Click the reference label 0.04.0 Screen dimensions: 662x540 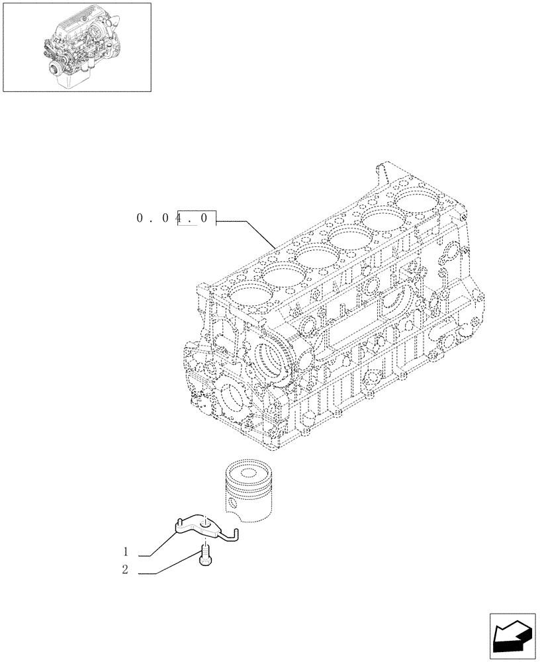click(x=176, y=218)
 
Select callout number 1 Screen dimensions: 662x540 click(x=124, y=551)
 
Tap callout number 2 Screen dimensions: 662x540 click(x=124, y=569)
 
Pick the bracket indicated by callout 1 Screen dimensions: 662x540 click(x=199, y=526)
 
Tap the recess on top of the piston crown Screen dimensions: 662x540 click(x=249, y=473)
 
